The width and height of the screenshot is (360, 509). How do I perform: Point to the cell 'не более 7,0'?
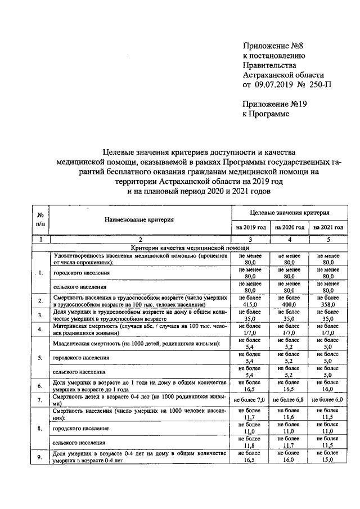click(x=251, y=399)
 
